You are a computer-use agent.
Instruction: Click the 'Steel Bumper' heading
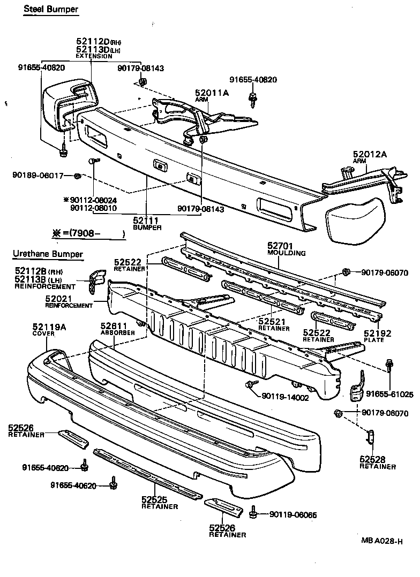[50, 10]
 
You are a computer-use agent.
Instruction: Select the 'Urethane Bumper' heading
[48, 254]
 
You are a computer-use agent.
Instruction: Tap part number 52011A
[212, 93]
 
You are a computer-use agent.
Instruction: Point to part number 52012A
[369, 155]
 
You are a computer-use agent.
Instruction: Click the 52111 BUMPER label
[146, 221]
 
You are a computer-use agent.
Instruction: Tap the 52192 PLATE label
[378, 333]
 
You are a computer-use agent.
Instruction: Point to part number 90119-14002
[286, 397]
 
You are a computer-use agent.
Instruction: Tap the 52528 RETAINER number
[373, 459]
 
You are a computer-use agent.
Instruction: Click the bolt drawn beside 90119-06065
[253, 514]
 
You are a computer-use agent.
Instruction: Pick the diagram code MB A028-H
[381, 541]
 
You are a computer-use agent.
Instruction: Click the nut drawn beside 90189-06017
[77, 176]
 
